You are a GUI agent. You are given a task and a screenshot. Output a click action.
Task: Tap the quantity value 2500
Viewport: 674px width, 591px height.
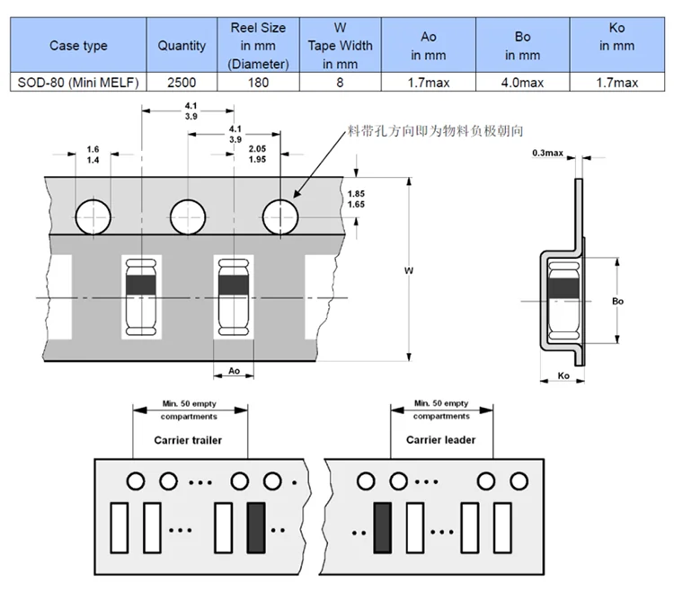coord(181,82)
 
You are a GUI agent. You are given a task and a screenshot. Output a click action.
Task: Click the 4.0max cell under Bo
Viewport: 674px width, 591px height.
coord(522,82)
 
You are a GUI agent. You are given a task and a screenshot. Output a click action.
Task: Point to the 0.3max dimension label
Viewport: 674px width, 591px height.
coord(547,154)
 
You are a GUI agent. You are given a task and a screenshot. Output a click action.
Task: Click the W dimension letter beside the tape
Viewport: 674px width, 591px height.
coord(409,269)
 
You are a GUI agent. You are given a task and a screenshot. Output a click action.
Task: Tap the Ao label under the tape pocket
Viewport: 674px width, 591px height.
coord(234,370)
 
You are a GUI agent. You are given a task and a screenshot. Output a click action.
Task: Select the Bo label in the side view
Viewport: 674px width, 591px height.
coord(618,301)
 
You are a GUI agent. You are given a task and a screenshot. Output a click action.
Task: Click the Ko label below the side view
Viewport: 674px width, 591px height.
coord(564,375)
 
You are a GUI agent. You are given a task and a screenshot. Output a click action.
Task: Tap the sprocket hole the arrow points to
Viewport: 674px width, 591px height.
coord(281,216)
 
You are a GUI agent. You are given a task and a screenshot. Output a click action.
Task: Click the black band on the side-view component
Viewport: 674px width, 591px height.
coord(564,288)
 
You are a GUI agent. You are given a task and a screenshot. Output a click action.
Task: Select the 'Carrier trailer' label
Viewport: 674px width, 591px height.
coord(188,440)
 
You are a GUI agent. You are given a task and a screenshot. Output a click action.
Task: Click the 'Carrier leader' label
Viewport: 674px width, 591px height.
coord(440,440)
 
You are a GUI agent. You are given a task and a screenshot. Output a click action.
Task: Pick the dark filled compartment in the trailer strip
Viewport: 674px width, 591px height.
coord(256,528)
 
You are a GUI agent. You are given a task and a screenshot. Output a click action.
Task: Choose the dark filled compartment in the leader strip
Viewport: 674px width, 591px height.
coord(382,528)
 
